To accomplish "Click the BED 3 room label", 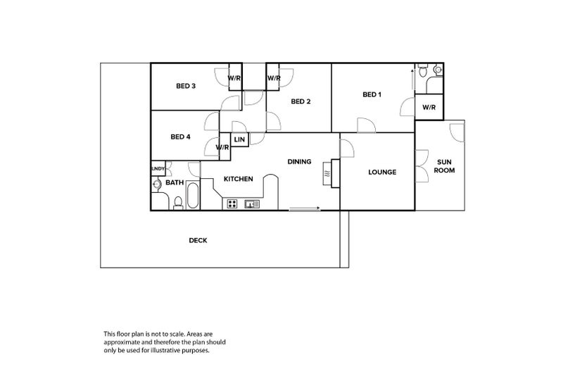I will (x=186, y=87).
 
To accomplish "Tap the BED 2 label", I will (x=301, y=101).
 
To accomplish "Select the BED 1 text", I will (x=372, y=94).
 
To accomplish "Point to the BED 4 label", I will (x=181, y=137).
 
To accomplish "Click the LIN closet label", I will (x=239, y=140).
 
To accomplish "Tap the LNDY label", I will (x=158, y=168).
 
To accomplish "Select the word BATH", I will (x=175, y=183).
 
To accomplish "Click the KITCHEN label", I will (x=238, y=179).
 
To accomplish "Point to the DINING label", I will (x=299, y=162).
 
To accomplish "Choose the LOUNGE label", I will (x=382, y=172).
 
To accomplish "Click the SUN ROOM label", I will (x=443, y=166).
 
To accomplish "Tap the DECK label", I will (x=198, y=240).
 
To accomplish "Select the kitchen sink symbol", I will (x=252, y=204).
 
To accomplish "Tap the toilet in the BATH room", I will (x=178, y=203).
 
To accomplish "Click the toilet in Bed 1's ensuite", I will (x=423, y=72).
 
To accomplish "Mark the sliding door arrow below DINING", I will (x=305, y=208).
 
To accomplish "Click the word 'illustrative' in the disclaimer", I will (x=176, y=350).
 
